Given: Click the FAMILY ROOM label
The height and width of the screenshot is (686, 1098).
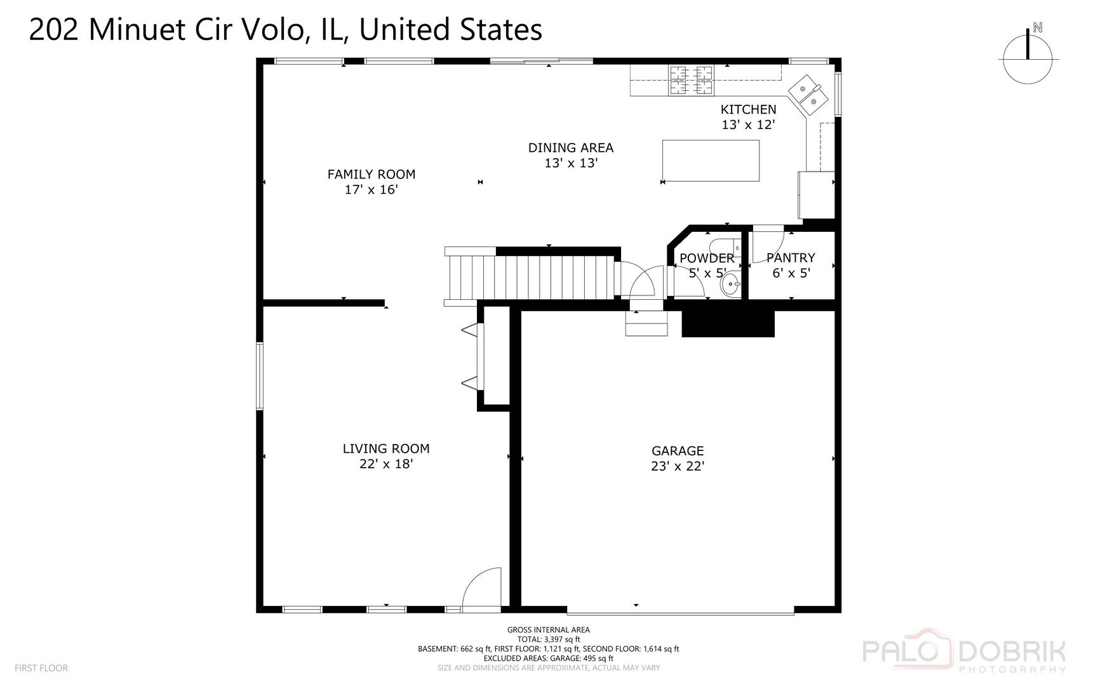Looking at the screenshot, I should tap(371, 174).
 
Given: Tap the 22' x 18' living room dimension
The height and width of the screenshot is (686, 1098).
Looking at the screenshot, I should tap(385, 464).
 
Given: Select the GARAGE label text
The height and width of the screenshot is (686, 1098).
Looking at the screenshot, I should tap(677, 451).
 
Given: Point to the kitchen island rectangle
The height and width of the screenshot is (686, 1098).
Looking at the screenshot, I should tap(710, 161).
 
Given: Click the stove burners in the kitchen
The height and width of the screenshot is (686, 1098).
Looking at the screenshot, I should tap(691, 81).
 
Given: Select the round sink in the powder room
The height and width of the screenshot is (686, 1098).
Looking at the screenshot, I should tap(730, 285).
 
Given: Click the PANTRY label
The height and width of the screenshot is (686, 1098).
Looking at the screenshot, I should tap(790, 258).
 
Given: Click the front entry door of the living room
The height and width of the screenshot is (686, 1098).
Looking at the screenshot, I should tap(481, 591).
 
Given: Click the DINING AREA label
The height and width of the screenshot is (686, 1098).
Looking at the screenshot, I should tap(570, 148).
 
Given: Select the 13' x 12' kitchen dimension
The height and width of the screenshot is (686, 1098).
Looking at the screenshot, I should tap(747, 125).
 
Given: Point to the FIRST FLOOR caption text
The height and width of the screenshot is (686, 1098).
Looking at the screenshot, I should tap(41, 668).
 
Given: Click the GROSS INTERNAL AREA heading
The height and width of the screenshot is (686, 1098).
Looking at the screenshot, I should tap(548, 630).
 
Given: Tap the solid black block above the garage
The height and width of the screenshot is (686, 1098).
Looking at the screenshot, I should tap(728, 323).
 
